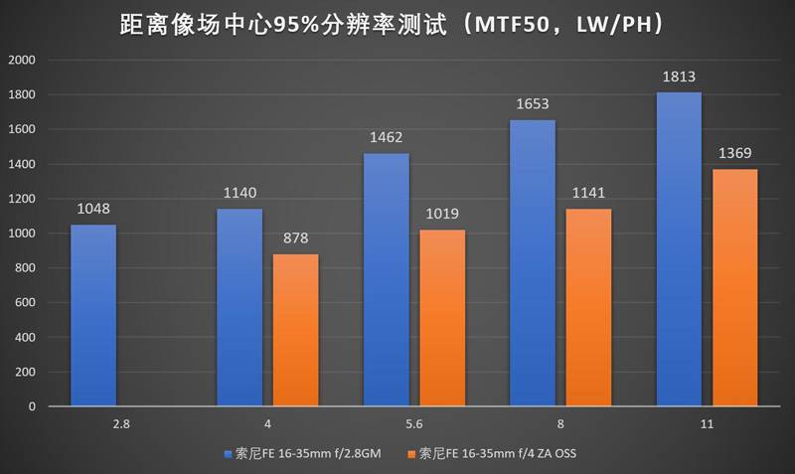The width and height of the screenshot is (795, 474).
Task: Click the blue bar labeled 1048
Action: pos(93,315)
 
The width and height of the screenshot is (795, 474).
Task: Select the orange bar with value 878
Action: pos(296,330)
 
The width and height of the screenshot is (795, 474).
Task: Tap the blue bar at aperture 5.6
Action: pos(387,279)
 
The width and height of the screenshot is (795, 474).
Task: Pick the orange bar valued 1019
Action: pos(442,318)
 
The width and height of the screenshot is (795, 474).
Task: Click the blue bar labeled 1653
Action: pos(533,262)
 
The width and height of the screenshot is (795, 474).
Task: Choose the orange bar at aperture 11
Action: pos(734,287)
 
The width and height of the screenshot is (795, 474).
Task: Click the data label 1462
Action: pos(387,138)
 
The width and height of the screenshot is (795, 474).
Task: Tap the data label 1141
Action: pos(588,194)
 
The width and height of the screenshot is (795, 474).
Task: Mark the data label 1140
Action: pos(239,194)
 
